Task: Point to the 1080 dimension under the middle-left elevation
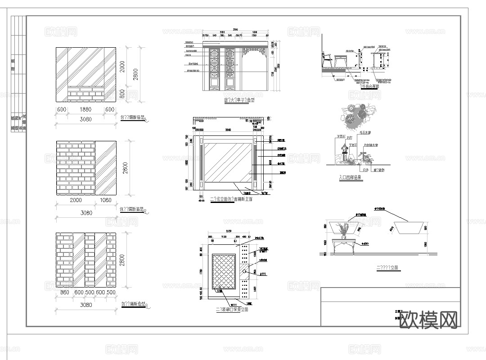coord(106,200)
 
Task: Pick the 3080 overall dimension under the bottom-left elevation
coord(85,305)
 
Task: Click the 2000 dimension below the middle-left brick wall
coord(75,200)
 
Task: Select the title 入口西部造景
coord(350,178)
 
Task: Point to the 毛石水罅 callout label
coord(364,133)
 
